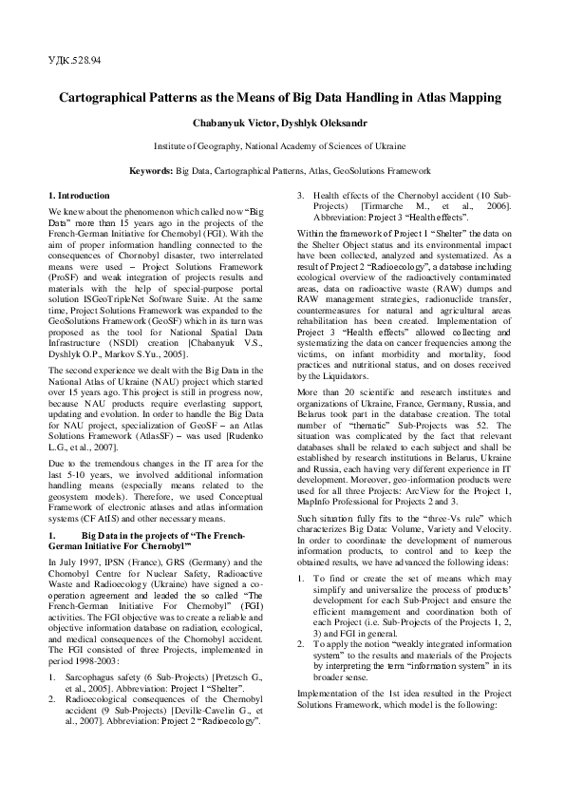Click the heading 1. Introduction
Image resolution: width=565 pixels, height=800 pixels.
coord(80,194)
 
